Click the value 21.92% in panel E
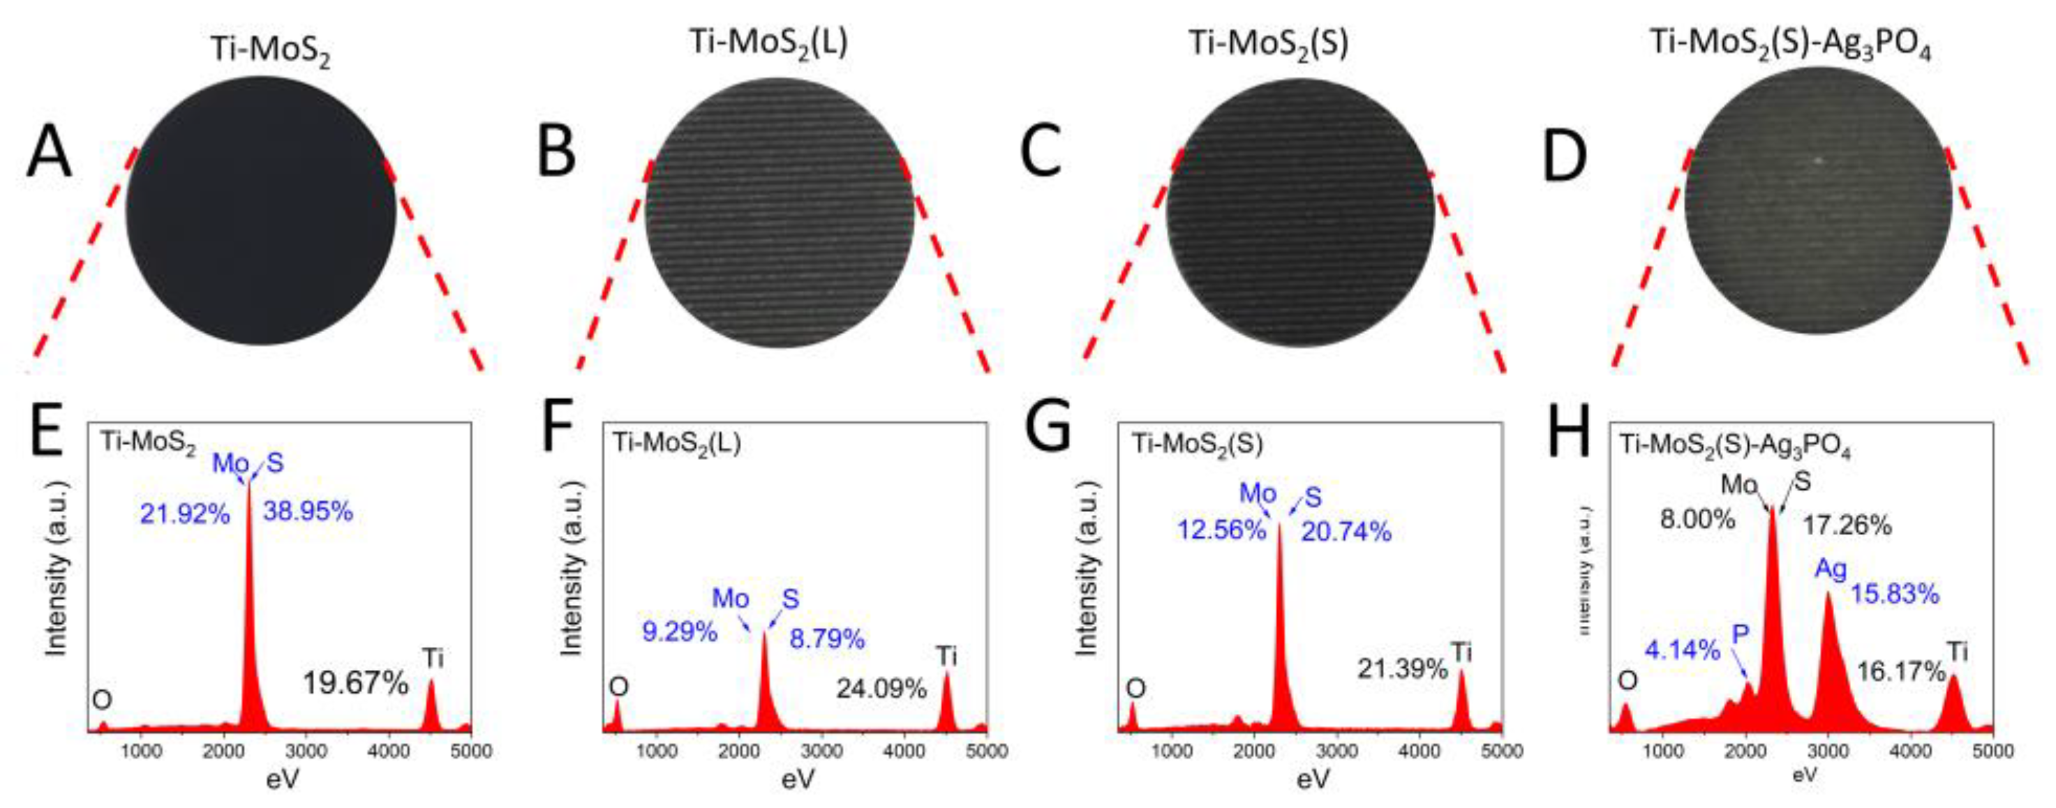pos(185,514)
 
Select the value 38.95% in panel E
pos(308,511)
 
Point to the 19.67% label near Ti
pos(355,683)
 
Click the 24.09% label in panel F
pos(881,687)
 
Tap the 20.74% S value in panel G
pos(1346,531)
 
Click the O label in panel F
pos(618,686)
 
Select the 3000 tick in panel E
pos(306,751)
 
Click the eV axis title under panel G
pos(1313,780)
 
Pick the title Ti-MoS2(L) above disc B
pos(768,41)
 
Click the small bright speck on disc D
pos(1819,160)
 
